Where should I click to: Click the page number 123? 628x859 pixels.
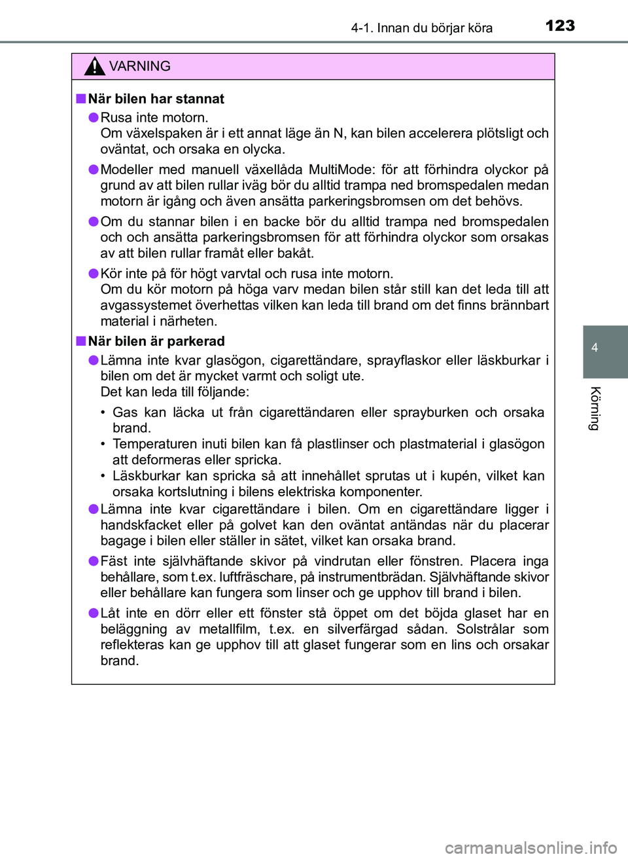pos(560,26)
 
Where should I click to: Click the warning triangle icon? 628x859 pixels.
pos(95,66)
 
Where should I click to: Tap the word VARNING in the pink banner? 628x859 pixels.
pos(139,66)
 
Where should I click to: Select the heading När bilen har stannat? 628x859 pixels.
pos(156,99)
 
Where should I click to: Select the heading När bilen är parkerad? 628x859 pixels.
pos(156,341)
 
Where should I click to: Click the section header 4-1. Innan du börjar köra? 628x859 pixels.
pos(421,27)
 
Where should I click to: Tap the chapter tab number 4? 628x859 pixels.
pos(595,348)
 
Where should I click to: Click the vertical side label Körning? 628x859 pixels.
pos(595,409)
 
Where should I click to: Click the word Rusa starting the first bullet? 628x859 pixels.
pos(116,117)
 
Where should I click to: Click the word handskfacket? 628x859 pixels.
pos(140,525)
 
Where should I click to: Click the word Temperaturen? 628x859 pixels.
pos(154,444)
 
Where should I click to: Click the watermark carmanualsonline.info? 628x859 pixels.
pos(531,848)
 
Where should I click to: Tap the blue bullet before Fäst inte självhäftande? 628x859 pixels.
pos(94,561)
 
